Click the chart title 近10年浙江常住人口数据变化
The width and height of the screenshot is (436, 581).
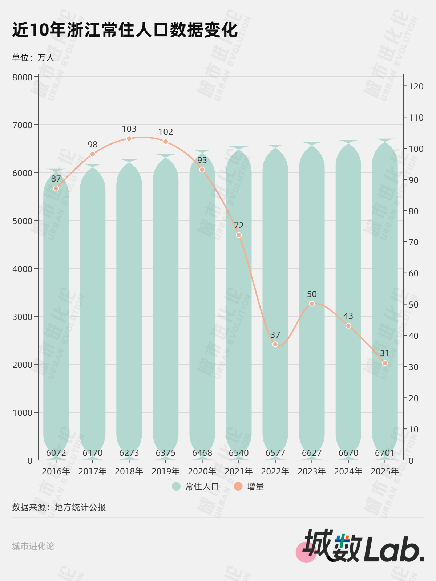(125, 30)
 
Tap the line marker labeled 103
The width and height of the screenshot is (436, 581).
(129, 138)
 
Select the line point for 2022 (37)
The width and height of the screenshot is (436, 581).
(275, 344)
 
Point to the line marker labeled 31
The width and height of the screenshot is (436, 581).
(385, 363)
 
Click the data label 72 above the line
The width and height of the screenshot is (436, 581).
(239, 226)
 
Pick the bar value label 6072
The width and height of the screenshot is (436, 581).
(56, 453)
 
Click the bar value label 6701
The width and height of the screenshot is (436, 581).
(385, 453)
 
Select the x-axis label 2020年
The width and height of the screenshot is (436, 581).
(202, 471)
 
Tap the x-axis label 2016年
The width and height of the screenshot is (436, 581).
(56, 471)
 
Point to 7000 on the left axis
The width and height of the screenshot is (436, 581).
(23, 125)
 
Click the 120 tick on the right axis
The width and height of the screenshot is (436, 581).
(416, 86)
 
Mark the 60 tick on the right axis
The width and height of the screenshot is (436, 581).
(413, 273)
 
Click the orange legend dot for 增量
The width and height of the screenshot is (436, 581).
(238, 486)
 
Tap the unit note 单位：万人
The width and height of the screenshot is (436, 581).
(33, 58)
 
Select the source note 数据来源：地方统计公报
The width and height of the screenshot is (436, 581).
(59, 507)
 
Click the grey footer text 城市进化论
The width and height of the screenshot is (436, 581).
(33, 546)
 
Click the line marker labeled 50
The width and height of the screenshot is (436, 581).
(312, 304)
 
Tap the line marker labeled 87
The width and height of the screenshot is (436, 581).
(56, 188)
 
